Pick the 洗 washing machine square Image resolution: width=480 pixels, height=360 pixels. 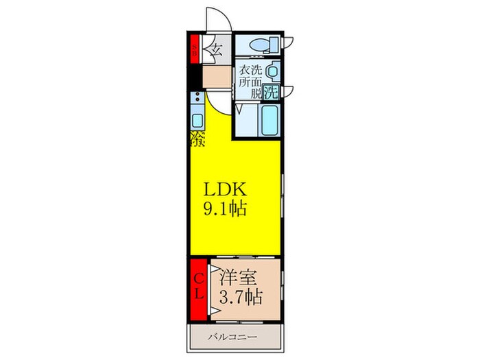coord(272,92)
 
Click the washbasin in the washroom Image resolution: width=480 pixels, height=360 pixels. coord(273,71)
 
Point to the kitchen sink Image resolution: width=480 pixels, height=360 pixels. coord(197,121)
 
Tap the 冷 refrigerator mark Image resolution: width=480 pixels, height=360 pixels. coord(197,141)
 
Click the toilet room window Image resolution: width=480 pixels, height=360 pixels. coord(289,40)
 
